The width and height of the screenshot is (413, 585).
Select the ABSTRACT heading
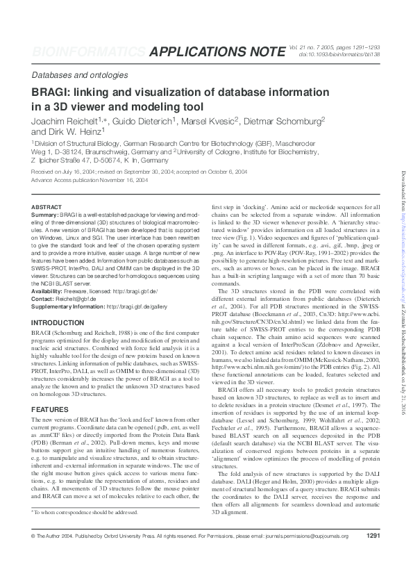pos(47,207)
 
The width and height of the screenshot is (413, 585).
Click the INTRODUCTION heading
pos(58,323)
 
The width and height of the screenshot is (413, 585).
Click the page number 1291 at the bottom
pos(373,556)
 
